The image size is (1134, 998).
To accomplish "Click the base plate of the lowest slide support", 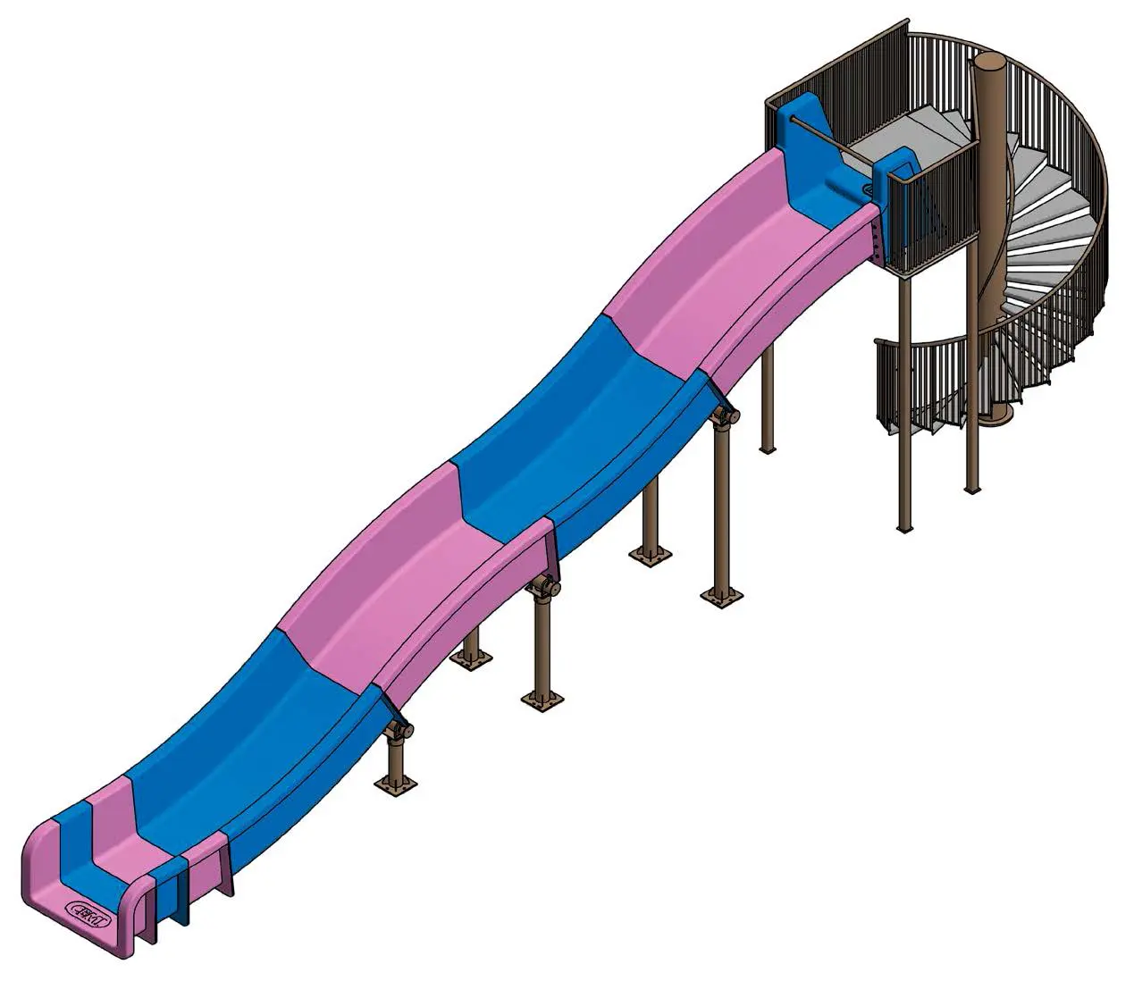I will click(395, 787).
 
